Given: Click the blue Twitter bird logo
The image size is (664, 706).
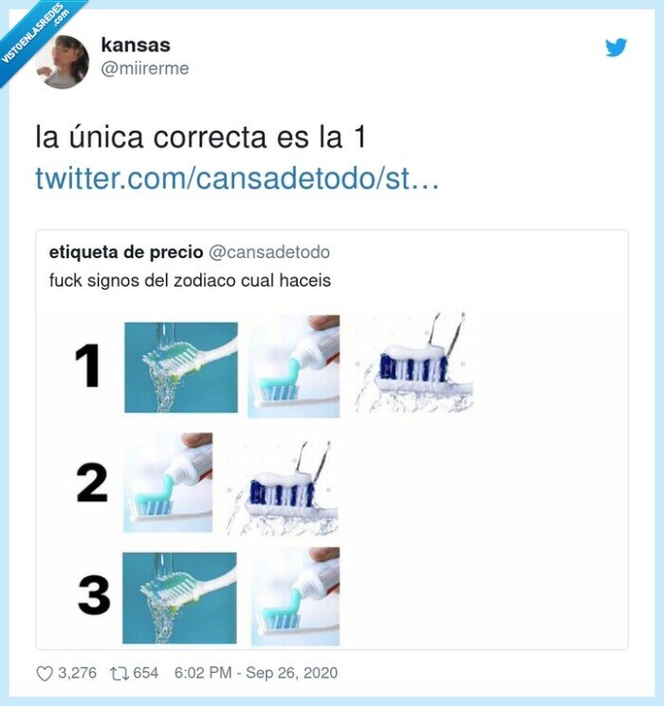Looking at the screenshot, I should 617,46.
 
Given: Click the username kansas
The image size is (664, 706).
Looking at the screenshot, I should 135,45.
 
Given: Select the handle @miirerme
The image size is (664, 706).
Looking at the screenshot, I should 144,68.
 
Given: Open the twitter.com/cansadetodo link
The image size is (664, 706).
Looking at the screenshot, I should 237,178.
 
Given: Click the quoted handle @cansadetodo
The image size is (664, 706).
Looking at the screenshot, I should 268,251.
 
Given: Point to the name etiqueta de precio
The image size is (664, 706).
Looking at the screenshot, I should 126,251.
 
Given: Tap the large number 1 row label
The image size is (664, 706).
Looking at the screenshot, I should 88,366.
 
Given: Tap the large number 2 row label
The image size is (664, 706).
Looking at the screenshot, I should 92,483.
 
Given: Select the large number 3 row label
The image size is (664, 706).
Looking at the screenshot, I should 93,597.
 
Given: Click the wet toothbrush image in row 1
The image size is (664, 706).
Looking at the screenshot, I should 180,366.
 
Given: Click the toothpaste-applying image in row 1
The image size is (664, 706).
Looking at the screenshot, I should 293,366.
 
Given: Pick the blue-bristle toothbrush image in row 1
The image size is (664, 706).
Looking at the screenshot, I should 414,365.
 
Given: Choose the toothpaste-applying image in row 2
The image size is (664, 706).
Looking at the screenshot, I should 169,482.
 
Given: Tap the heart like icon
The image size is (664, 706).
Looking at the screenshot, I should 45,674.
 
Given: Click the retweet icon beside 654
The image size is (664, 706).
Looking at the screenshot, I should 119,674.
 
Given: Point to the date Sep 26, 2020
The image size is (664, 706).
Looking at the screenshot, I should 291,674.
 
